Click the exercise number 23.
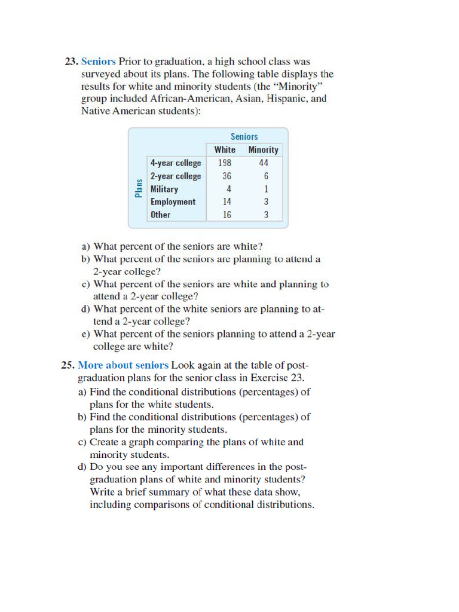click(x=71, y=62)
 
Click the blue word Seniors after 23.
click(x=99, y=62)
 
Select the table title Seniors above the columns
click(x=244, y=137)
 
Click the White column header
click(x=225, y=150)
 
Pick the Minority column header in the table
click(x=263, y=150)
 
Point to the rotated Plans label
click(x=139, y=188)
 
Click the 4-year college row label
click(x=176, y=163)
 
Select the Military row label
click(x=164, y=189)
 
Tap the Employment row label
click(x=173, y=202)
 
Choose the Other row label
click(x=160, y=215)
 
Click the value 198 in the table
click(x=226, y=163)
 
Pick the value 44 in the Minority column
click(x=264, y=163)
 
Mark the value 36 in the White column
click(x=227, y=176)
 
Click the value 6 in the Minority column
click(x=266, y=176)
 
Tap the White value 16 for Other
click(x=227, y=215)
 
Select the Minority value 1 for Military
click(x=266, y=189)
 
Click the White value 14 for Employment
click(x=227, y=202)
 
